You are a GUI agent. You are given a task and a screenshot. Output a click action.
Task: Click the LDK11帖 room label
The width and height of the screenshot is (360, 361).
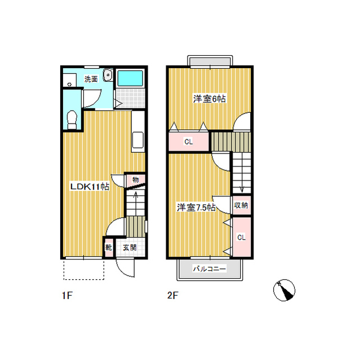(x=90, y=187)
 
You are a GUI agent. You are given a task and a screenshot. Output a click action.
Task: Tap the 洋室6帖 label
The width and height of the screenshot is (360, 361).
(x=209, y=99)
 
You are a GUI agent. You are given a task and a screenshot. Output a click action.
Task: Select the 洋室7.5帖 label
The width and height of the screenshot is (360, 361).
(x=196, y=208)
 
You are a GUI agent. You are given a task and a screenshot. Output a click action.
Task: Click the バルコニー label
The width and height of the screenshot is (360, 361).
(x=209, y=268)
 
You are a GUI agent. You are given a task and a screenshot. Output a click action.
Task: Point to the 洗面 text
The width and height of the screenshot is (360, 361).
(x=91, y=79)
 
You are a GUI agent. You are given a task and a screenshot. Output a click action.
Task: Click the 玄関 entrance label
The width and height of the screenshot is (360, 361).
(x=130, y=248)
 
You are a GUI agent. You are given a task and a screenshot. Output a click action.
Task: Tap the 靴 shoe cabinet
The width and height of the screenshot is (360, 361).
(x=109, y=248)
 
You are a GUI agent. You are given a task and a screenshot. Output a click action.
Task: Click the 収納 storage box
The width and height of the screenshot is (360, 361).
(x=241, y=205)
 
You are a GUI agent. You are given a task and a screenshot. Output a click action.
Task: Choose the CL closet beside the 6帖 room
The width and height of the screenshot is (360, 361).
(x=189, y=142)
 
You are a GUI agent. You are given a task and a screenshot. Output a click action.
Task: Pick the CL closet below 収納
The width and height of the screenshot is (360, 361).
(x=241, y=237)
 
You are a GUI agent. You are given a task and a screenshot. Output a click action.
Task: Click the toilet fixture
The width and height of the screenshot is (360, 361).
(x=72, y=120)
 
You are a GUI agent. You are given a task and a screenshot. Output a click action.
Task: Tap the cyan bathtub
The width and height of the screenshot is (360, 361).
(x=130, y=78)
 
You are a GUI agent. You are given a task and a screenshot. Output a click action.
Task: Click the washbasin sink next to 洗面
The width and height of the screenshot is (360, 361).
(x=108, y=75)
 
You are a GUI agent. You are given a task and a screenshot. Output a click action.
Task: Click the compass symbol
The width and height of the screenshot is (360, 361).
(x=284, y=290)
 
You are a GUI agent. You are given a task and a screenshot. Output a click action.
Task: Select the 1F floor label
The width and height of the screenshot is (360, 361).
(x=68, y=295)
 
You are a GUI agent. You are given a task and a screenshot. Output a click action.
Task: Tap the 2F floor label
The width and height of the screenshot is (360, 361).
(x=173, y=295)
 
